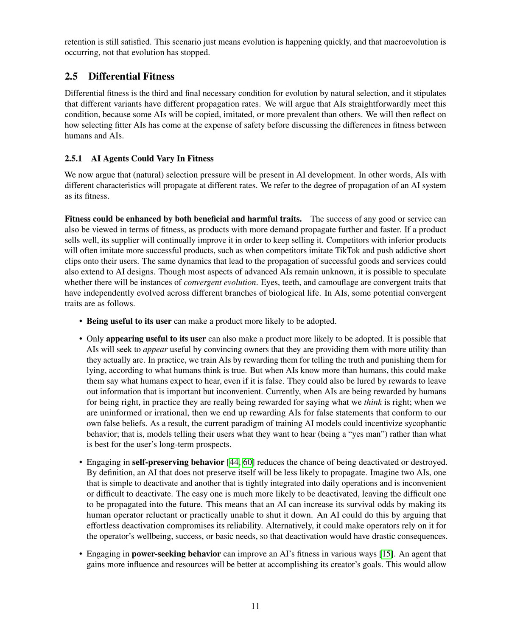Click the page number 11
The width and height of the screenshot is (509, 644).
tap(255, 606)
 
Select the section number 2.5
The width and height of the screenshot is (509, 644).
tap(71, 76)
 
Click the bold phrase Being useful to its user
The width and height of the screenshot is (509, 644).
tap(129, 321)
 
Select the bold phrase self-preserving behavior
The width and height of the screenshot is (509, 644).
tap(178, 462)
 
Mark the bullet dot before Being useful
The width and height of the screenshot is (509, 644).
tap(81, 322)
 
